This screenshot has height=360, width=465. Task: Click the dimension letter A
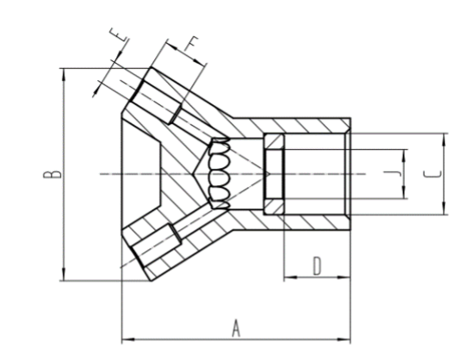[x=234, y=327]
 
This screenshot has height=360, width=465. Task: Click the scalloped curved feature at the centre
[x=219, y=173]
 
